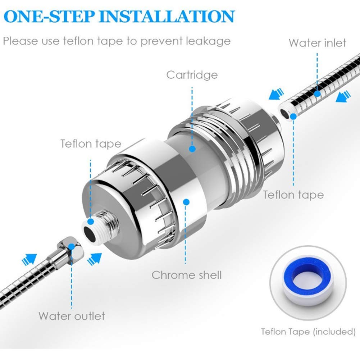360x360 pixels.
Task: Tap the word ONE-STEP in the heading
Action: pyautogui.click(x=49, y=17)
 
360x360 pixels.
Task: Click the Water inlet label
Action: pyautogui.click(x=317, y=43)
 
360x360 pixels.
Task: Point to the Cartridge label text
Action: pyautogui.click(x=192, y=75)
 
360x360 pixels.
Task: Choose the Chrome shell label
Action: pyautogui.click(x=186, y=275)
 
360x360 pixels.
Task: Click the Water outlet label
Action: pyautogui.click(x=72, y=316)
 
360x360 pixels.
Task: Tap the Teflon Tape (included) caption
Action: pyautogui.click(x=308, y=332)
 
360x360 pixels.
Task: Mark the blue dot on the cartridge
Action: pyautogui.click(x=192, y=148)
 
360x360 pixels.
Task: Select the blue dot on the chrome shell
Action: pyautogui.click(x=186, y=202)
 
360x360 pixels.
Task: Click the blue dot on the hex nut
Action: pyautogui.click(x=71, y=247)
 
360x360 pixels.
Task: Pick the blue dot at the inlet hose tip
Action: pyautogui.click(x=293, y=116)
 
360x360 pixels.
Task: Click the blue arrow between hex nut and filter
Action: pyautogui.click(x=95, y=256)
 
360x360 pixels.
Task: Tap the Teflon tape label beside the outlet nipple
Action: pyautogui.click(x=91, y=143)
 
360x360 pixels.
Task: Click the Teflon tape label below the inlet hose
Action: pyautogui.click(x=293, y=195)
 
